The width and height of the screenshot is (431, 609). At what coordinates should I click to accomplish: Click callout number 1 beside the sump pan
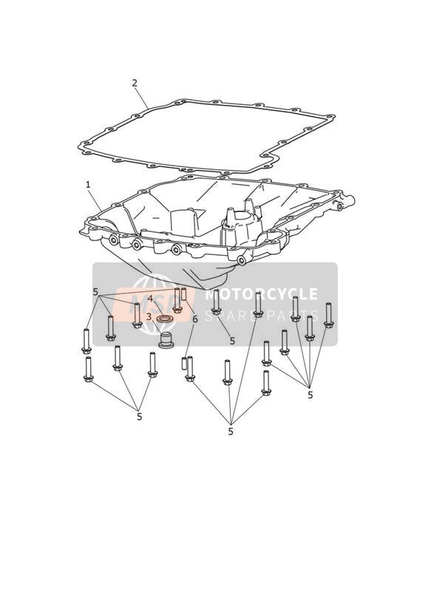88,185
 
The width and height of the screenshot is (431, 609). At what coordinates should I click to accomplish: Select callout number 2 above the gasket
135,83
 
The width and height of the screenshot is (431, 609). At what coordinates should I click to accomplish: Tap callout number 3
149,317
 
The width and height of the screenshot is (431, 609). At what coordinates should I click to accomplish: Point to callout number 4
150,299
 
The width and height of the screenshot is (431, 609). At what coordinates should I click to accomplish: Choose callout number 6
195,319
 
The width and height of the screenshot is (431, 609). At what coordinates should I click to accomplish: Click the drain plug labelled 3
166,340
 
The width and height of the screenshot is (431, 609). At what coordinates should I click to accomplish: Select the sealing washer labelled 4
165,319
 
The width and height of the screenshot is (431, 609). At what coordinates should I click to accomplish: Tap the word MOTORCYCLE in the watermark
261,294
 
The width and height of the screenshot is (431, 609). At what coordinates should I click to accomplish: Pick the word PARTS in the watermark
291,316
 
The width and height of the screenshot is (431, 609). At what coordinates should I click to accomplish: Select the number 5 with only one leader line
232,341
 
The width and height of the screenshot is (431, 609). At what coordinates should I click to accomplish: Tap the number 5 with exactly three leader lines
139,417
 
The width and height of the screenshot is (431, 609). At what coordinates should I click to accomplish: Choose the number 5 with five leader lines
310,395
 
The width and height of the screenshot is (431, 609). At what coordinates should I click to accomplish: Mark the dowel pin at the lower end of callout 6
184,363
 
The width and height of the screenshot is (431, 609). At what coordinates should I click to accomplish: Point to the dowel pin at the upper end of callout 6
184,294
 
